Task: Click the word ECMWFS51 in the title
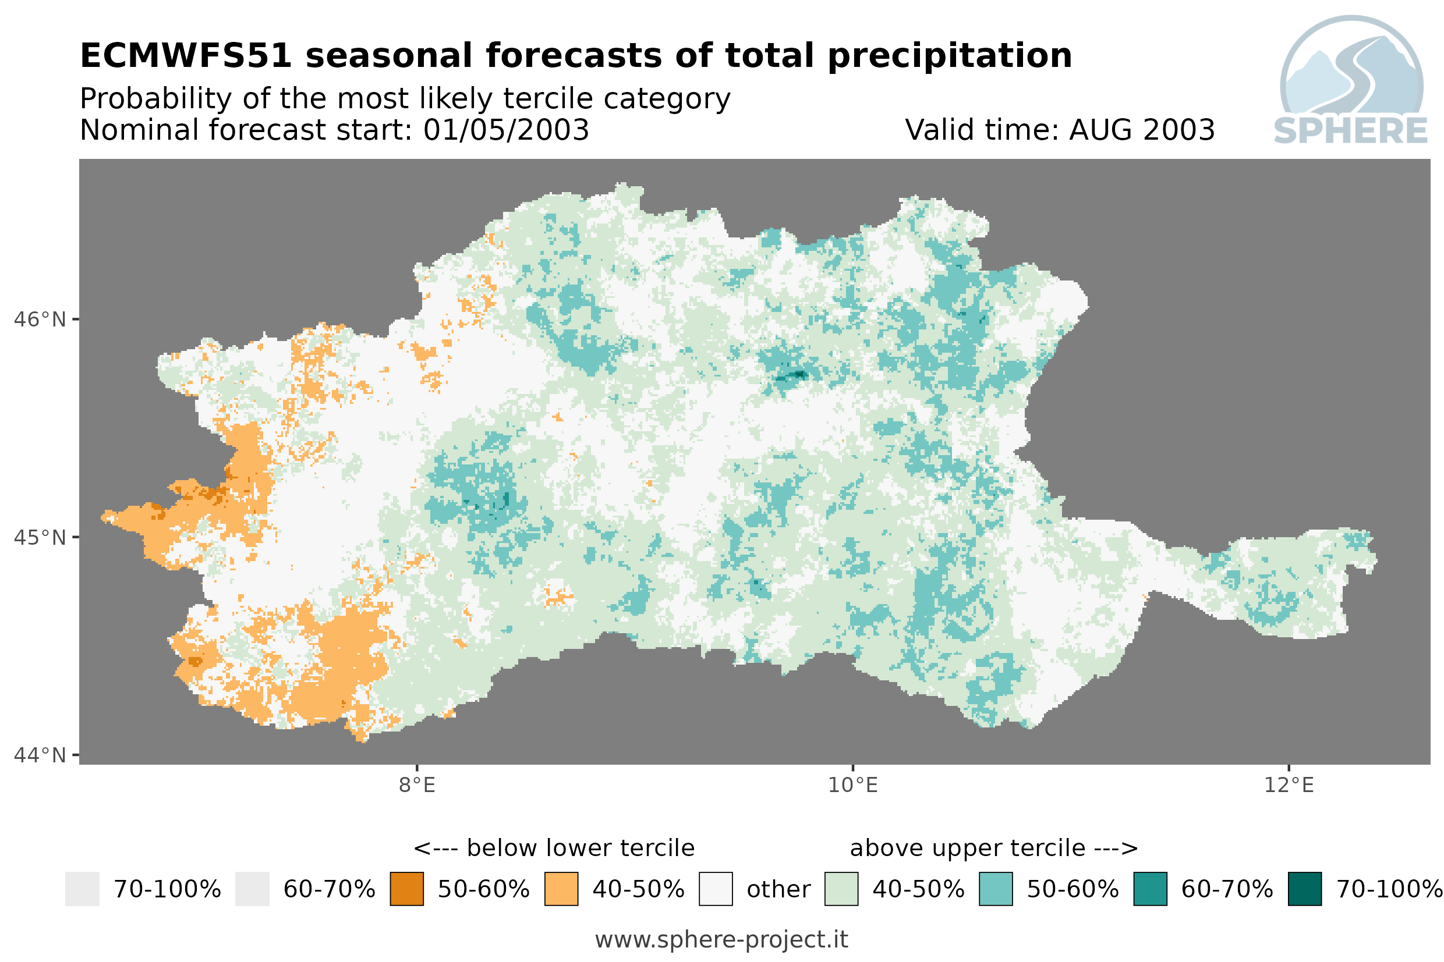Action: (x=185, y=56)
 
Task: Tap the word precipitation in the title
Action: (x=949, y=56)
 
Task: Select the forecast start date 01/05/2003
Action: (x=505, y=130)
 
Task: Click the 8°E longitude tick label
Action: (x=417, y=784)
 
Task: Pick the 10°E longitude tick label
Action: (x=852, y=784)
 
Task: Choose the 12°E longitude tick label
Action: (x=1288, y=784)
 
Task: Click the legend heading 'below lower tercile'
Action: (x=580, y=848)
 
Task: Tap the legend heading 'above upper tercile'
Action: (x=967, y=848)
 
